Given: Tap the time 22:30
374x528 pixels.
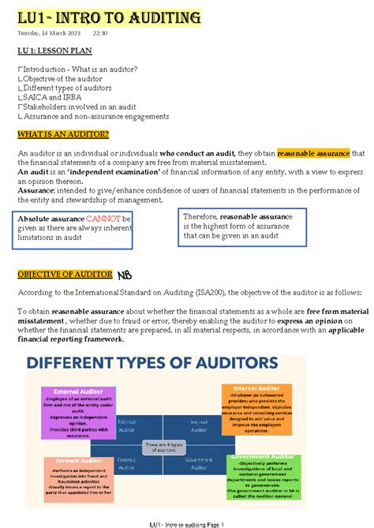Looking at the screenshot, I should point(100,34).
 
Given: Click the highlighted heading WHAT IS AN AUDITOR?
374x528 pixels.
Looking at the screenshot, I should point(63,134).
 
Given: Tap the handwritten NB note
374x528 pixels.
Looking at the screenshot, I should point(126,275).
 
